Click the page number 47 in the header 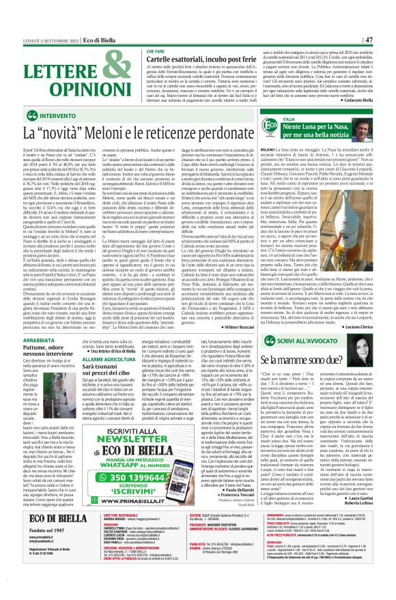[386, 40]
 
